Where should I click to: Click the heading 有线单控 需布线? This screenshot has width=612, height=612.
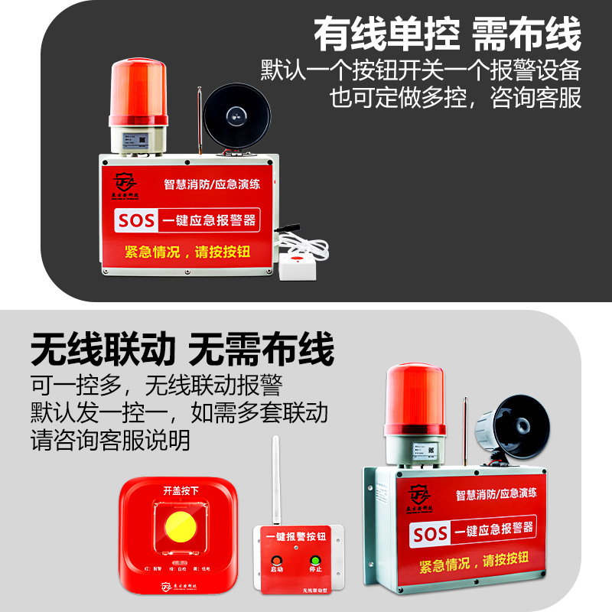coord(448,34)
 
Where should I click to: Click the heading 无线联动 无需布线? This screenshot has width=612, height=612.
coord(183,350)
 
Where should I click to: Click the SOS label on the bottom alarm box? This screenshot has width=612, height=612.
coord(430,533)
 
